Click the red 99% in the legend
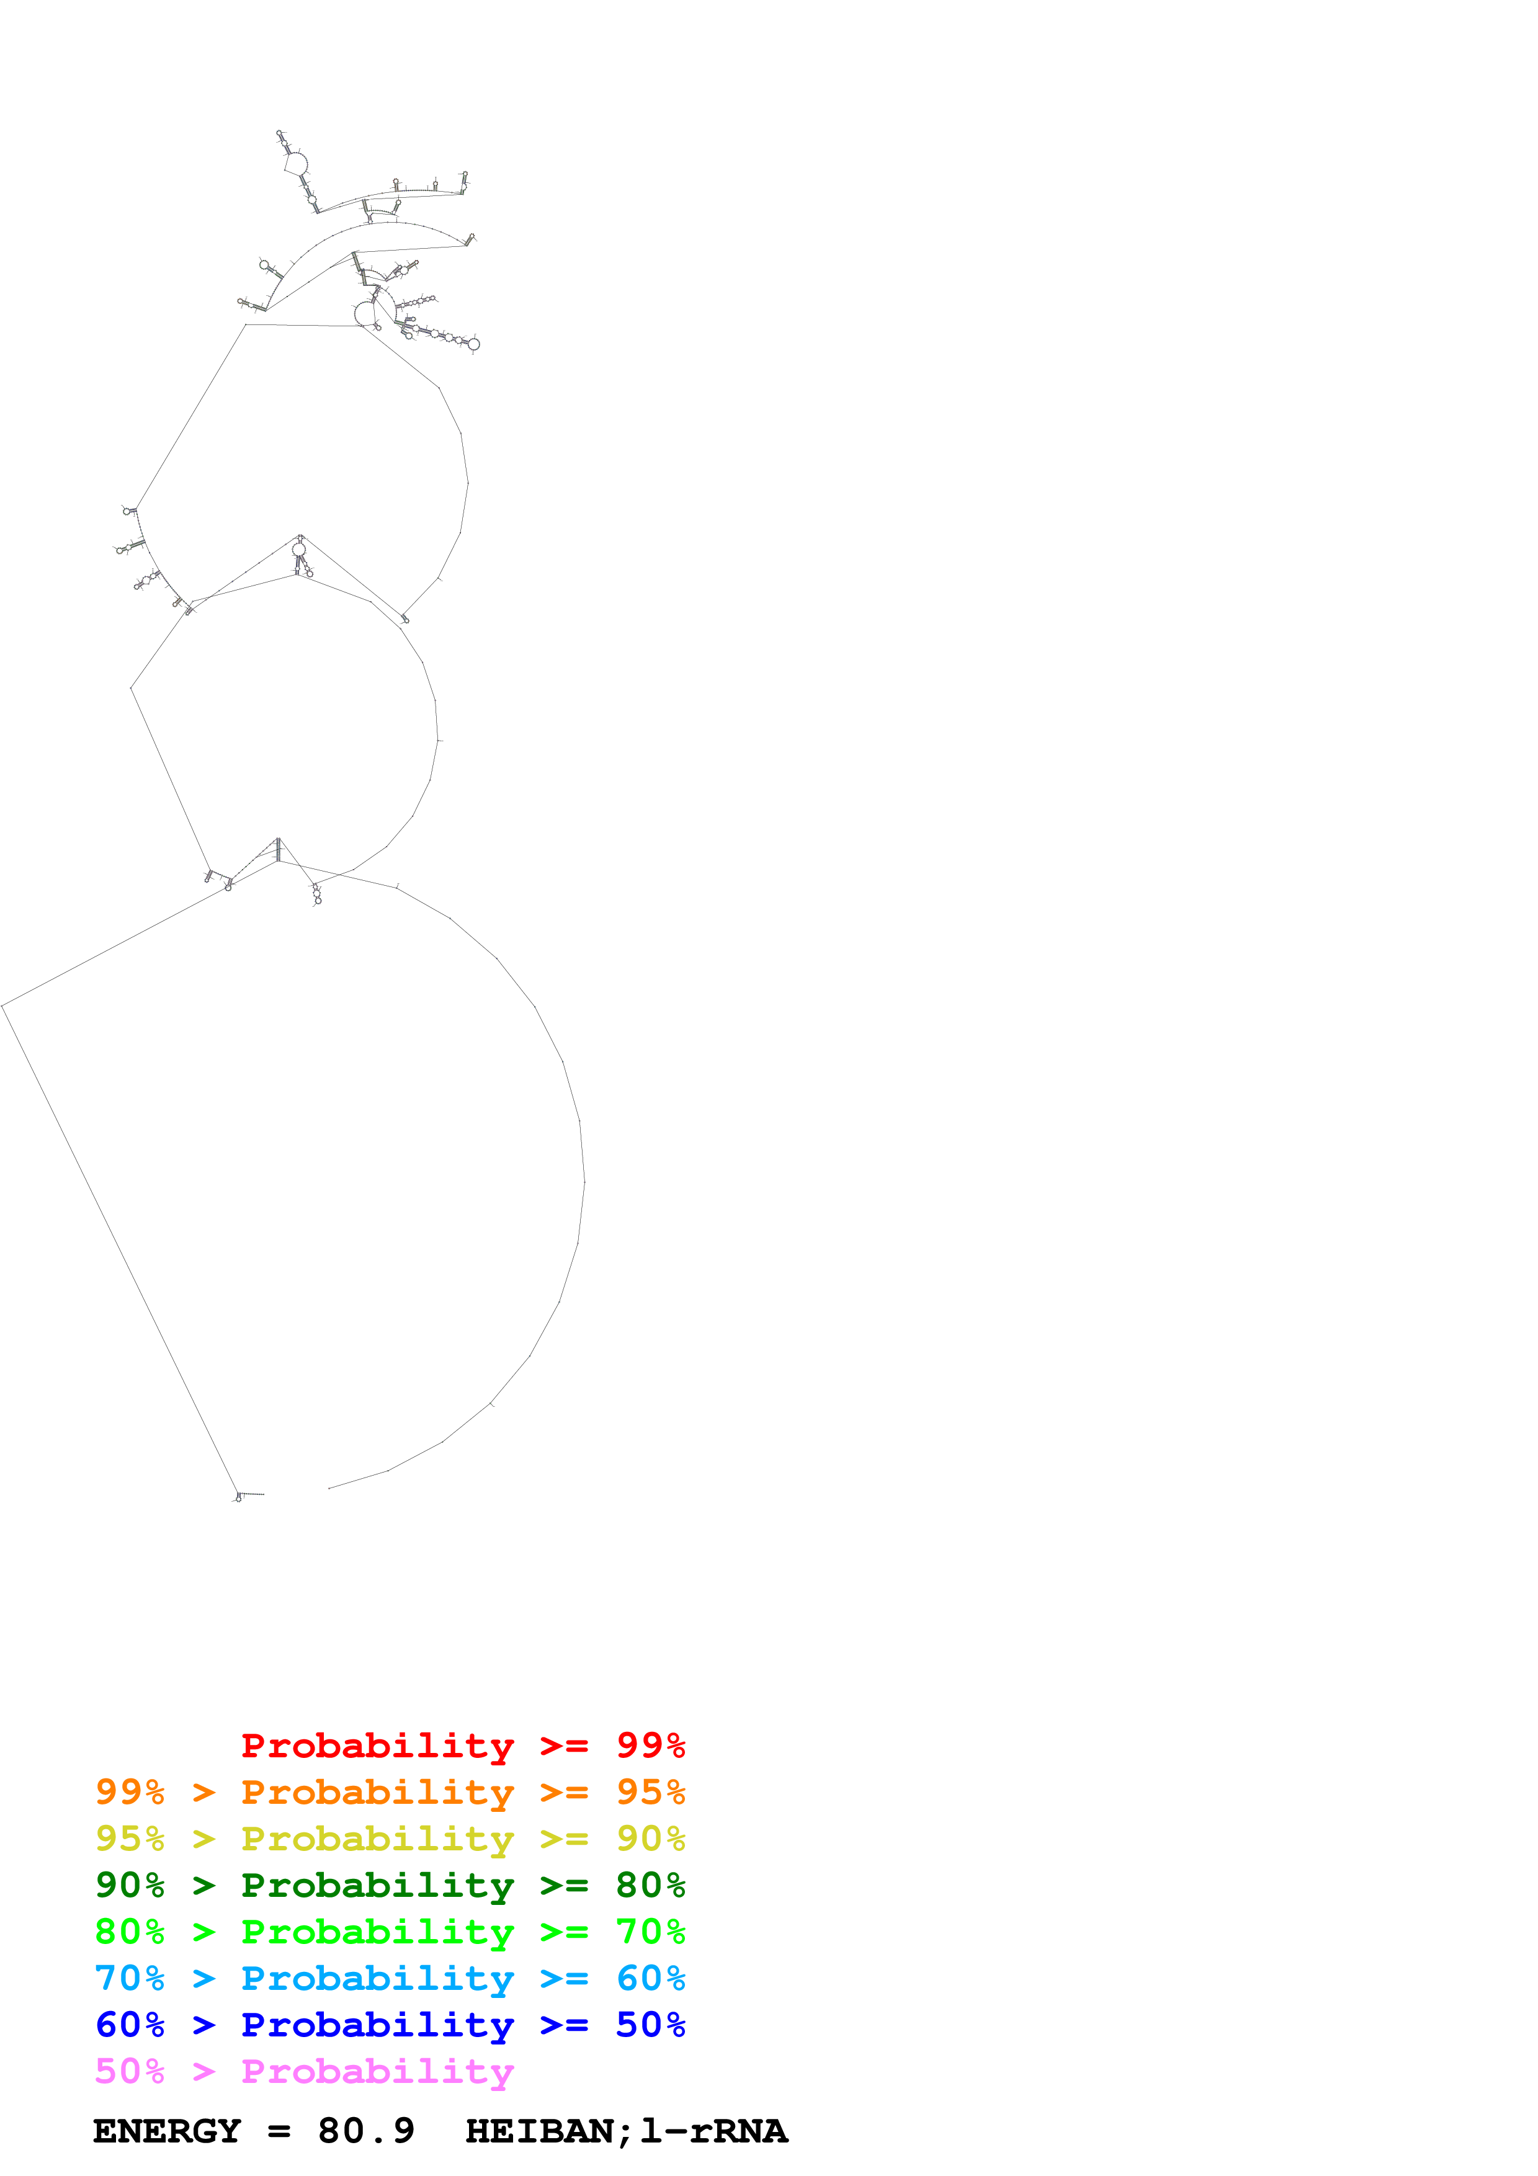(650, 1746)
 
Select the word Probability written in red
(377, 1746)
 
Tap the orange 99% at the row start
(130, 1792)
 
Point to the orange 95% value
(650, 1792)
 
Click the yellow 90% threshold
(650, 1839)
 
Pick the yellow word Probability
(377, 1839)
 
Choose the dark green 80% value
(650, 1885)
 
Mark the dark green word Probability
(377, 1885)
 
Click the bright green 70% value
(650, 1932)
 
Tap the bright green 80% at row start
(130, 1932)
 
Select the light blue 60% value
(650, 1978)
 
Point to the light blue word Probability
(377, 1978)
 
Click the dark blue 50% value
(650, 2025)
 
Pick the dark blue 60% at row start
(130, 2025)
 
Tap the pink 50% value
(130, 2071)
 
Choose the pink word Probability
(377, 2071)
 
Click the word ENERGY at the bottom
(167, 2131)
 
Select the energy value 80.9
(366, 2131)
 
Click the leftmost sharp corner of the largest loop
(3, 1006)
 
